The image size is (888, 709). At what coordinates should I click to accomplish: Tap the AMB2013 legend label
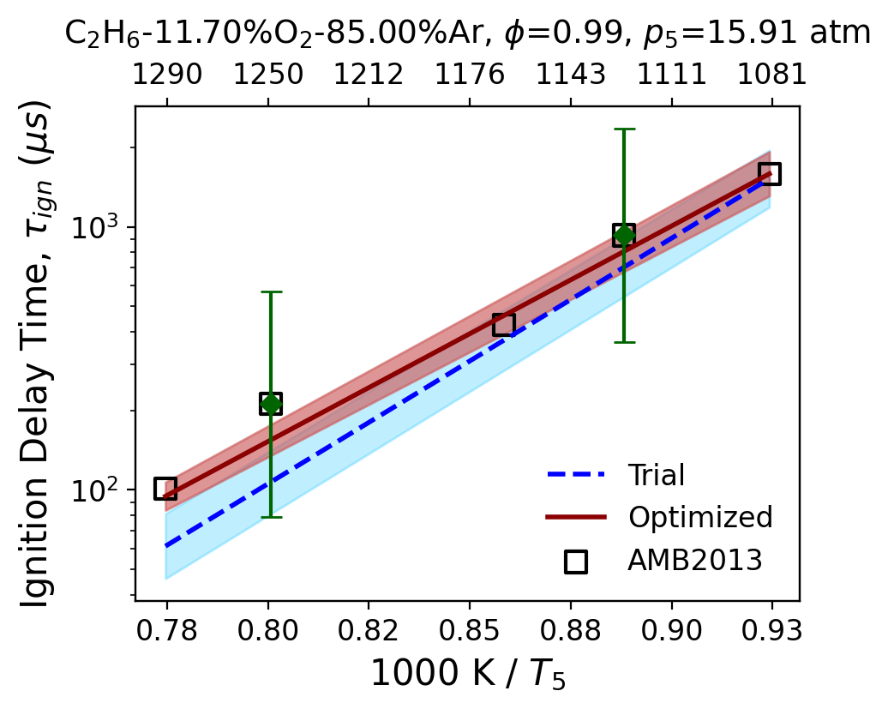point(695,561)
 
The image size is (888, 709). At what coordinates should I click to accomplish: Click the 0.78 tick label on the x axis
point(166,630)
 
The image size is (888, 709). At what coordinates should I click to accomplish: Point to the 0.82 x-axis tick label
point(369,630)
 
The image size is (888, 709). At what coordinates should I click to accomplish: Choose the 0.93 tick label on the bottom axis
point(772,630)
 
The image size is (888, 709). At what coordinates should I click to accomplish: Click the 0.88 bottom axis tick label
point(570,630)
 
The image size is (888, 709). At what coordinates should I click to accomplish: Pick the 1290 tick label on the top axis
point(167,75)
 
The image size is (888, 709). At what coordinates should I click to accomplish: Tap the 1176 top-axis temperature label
point(470,75)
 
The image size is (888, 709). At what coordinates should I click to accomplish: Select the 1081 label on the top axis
point(772,75)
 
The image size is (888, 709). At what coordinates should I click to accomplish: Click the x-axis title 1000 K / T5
point(468,674)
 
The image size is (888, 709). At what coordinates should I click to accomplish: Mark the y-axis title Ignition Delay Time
point(35,356)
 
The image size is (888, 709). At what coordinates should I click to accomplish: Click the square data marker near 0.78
point(165,488)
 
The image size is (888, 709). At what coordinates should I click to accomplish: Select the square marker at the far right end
point(771,173)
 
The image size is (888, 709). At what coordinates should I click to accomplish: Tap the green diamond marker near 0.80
point(271,404)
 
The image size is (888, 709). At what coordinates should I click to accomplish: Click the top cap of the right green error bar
point(623,129)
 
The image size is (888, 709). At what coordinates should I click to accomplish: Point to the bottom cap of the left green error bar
point(271,517)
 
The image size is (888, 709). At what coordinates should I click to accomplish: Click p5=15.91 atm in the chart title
point(757,33)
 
